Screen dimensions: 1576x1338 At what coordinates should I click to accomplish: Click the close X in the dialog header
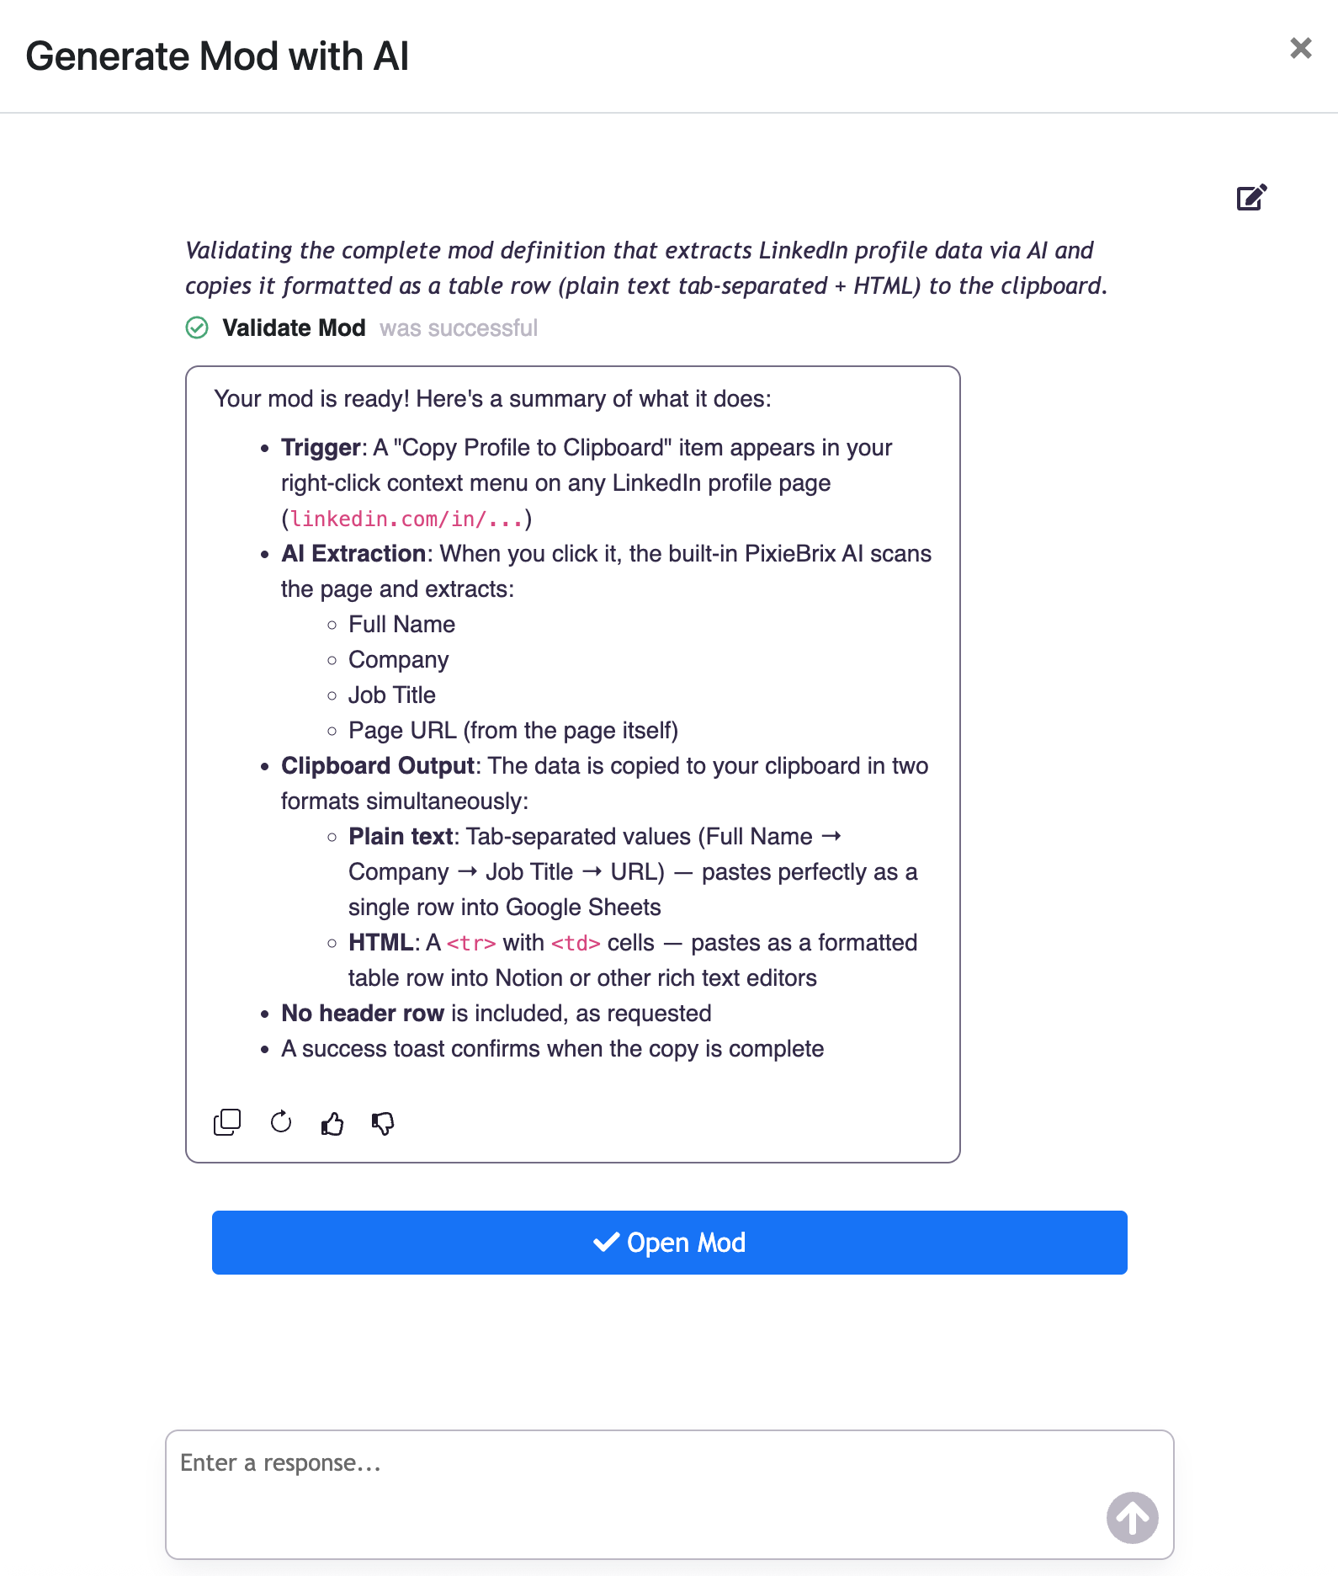[1300, 49]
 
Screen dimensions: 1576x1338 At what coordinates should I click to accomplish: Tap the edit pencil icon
[1251, 197]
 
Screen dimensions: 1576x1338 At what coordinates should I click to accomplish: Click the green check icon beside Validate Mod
[197, 327]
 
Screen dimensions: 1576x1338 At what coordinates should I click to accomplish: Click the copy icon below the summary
[227, 1122]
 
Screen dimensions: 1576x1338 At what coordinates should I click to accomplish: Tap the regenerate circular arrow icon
[281, 1122]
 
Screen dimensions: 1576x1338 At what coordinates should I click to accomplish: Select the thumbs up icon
[332, 1123]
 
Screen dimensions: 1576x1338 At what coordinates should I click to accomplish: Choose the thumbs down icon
[383, 1123]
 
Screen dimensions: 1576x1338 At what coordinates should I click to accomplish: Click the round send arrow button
[1132, 1517]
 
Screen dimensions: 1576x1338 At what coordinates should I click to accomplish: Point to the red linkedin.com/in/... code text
[406, 519]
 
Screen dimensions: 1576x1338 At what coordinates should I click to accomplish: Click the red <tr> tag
[470, 943]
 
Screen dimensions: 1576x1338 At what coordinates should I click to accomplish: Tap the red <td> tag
[576, 943]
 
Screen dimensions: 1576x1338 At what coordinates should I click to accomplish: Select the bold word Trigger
[321, 448]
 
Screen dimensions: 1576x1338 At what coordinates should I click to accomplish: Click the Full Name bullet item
[401, 625]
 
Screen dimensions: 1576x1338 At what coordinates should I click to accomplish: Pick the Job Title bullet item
[392, 695]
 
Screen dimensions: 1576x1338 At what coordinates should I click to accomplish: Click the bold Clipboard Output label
[378, 766]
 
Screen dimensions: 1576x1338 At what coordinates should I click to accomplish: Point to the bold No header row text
[363, 1014]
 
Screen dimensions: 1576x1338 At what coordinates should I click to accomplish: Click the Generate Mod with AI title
[217, 56]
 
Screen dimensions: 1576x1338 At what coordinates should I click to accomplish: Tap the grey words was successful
[459, 327]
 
